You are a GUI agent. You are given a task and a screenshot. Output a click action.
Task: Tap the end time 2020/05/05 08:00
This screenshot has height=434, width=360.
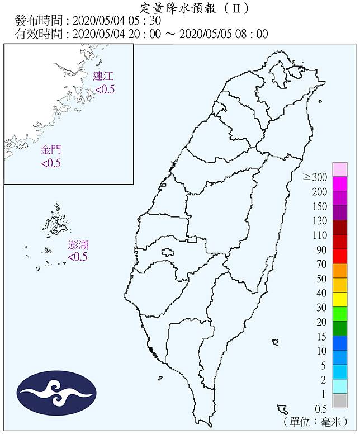223,34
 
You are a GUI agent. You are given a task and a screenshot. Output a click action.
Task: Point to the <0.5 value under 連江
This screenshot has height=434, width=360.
104,89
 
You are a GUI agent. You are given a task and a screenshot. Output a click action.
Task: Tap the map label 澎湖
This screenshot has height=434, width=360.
78,245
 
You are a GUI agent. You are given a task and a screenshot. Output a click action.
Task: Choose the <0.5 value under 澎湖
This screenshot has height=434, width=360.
78,257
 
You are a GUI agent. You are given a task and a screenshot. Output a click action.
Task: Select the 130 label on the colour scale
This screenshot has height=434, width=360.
319,221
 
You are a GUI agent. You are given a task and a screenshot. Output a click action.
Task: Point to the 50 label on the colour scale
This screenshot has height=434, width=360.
321,279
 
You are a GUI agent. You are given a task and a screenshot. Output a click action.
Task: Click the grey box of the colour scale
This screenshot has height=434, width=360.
340,400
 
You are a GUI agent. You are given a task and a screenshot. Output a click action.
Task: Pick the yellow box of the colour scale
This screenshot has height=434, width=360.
340,300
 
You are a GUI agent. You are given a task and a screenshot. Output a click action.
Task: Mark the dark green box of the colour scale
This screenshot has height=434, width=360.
340,328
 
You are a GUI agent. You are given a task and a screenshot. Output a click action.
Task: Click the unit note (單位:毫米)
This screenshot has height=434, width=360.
316,422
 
